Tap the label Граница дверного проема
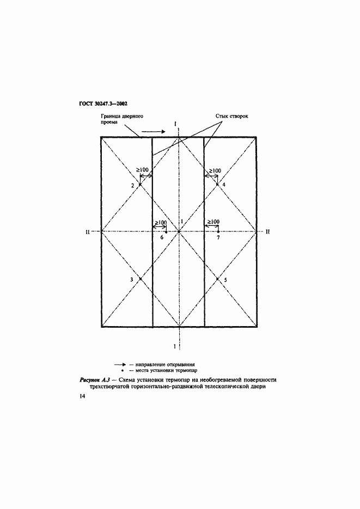121,119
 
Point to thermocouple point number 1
179,231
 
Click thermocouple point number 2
140,185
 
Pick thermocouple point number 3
140,279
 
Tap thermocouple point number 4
217,185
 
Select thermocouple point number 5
217,279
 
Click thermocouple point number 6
166,232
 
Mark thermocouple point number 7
218,232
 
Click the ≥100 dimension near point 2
142,170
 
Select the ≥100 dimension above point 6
160,222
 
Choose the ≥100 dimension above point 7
212,222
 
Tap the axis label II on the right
267,231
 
